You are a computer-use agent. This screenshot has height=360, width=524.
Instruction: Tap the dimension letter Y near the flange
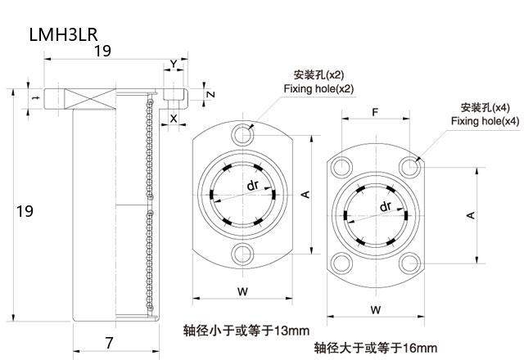click(x=173, y=64)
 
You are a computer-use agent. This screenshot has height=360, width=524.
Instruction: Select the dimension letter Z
click(x=210, y=94)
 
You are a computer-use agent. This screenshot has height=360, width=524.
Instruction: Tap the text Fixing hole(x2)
click(x=318, y=88)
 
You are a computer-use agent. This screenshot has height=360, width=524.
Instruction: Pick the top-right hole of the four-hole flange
click(x=410, y=167)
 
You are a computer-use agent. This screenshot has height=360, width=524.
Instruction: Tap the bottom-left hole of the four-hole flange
click(x=339, y=263)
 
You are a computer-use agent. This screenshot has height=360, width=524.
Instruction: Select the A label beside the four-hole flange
click(x=470, y=215)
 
